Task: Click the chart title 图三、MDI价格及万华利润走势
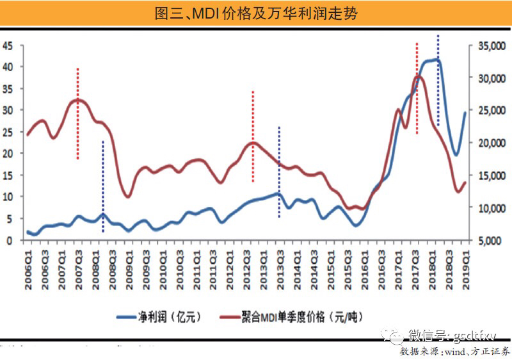pos(256,13)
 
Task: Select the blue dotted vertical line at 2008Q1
pos(103,186)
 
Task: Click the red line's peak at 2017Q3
pos(417,76)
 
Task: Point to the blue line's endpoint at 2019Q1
pos(465,113)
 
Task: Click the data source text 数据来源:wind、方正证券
pos(455,352)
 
